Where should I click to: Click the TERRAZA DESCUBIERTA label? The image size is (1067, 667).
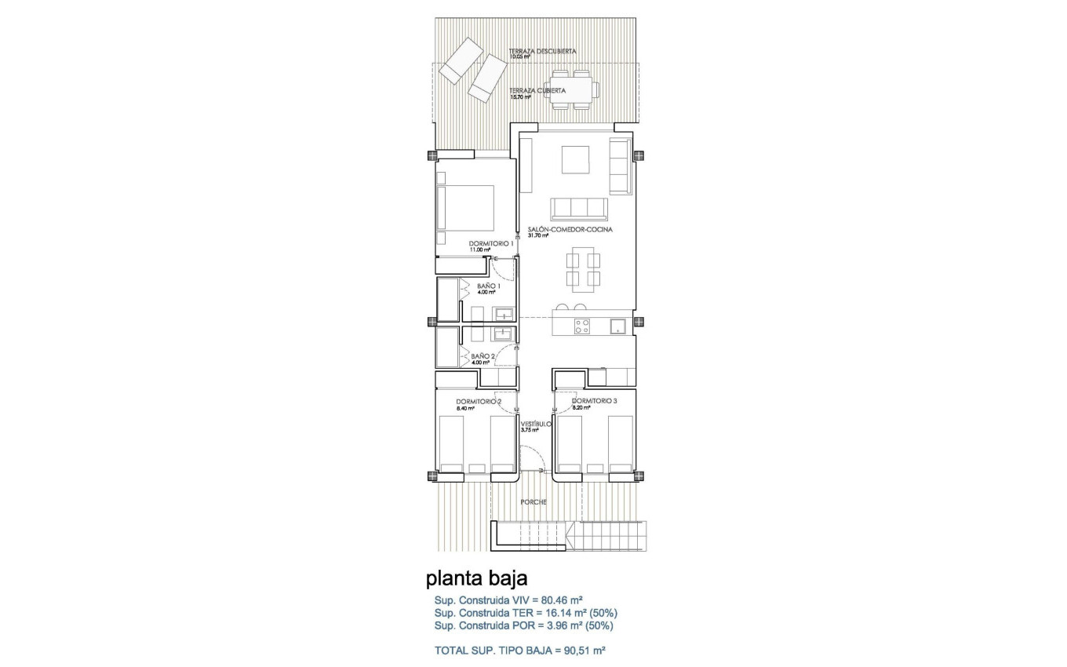(542, 51)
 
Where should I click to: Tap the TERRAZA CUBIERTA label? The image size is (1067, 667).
(537, 90)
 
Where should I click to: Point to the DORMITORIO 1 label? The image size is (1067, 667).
(490, 243)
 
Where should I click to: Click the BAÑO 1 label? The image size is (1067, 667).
(488, 286)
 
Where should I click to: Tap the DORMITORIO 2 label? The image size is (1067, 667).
(479, 401)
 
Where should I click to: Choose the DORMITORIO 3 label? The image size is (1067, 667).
(595, 401)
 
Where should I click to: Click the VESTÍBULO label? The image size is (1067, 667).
(536, 424)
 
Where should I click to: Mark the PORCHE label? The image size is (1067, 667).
(533, 502)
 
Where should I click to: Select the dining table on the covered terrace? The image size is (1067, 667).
(571, 89)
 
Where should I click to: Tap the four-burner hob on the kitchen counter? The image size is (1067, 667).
(582, 326)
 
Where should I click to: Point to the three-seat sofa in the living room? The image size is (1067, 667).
(579, 208)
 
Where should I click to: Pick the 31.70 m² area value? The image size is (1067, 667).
(538, 235)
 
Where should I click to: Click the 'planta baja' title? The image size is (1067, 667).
(476, 579)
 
